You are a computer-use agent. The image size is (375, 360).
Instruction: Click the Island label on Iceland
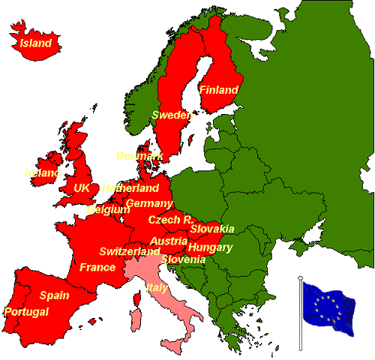(36, 43)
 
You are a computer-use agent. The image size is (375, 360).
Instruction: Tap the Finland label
(218, 90)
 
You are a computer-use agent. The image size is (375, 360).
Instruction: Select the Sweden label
(171, 115)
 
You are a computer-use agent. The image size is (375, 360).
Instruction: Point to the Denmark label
(140, 156)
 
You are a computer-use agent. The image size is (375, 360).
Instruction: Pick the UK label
(82, 187)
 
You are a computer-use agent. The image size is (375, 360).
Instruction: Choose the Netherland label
(130, 188)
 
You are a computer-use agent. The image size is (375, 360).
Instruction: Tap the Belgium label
(109, 210)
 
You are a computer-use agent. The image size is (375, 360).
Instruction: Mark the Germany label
(150, 204)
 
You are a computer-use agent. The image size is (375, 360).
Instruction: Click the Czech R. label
(170, 220)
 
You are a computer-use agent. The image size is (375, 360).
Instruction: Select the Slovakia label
(212, 229)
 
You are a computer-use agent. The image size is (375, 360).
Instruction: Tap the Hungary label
(210, 247)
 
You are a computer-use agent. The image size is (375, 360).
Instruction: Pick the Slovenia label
(183, 259)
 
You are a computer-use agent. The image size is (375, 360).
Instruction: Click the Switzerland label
(130, 251)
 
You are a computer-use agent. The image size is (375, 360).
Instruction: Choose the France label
(97, 268)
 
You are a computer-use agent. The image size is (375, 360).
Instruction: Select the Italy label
(157, 287)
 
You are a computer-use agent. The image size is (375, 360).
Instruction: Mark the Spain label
(55, 295)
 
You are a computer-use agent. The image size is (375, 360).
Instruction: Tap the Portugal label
(26, 311)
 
